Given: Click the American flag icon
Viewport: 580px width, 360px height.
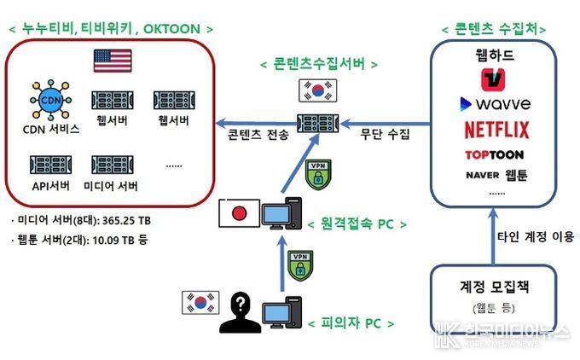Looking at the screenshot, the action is tap(113, 61).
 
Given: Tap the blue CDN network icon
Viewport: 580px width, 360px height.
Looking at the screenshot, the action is tap(50, 100).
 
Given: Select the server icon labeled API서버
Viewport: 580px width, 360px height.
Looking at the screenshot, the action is tap(50, 165).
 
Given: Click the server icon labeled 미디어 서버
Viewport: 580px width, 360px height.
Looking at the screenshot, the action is tap(113, 165).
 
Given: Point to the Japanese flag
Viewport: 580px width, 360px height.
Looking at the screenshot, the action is tap(239, 212).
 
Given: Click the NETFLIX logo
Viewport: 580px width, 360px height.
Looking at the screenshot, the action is tap(496, 130).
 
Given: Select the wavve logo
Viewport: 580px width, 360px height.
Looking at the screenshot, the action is tap(495, 104).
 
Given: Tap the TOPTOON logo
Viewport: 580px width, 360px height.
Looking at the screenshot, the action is tap(494, 154).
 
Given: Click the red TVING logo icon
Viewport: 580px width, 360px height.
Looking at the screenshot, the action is tap(493, 79).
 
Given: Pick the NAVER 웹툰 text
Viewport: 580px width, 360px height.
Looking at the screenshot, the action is tap(496, 175).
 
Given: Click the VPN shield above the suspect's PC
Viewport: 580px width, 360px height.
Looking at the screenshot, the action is tap(300, 265).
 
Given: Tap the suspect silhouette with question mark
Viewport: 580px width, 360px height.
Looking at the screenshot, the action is tap(240, 312).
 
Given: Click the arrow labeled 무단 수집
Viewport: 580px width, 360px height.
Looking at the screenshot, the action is tap(386, 124).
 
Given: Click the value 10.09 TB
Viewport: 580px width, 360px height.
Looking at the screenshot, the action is tap(113, 240).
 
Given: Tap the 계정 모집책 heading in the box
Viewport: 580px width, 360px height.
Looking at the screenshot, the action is tap(495, 287).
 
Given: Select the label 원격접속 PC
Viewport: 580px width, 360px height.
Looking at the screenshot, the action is tap(357, 224).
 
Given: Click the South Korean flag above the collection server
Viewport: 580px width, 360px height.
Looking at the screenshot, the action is tap(318, 90).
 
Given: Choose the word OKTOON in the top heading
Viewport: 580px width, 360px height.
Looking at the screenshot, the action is tap(171, 29).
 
